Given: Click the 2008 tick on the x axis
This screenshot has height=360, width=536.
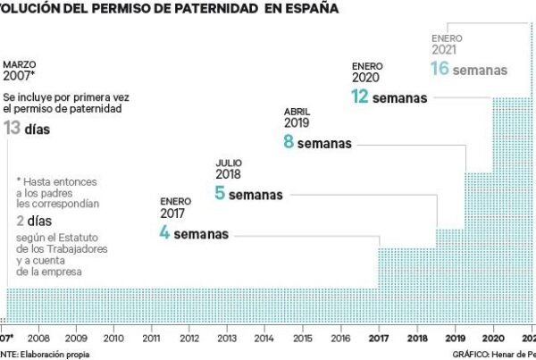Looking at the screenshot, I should click(x=38, y=337).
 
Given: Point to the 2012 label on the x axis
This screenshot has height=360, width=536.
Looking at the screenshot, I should click(x=188, y=337).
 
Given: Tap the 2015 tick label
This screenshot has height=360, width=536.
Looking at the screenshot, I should click(x=302, y=337).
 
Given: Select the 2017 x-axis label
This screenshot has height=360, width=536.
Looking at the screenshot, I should click(x=378, y=337).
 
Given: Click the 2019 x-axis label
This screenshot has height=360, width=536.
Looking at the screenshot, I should click(x=454, y=337).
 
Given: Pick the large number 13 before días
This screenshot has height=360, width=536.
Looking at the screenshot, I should click(x=13, y=129).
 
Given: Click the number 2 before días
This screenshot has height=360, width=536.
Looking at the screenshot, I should click(x=20, y=220).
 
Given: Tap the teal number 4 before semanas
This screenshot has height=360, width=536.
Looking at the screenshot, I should click(x=164, y=235).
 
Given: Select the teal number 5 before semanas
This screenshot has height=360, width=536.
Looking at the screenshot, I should click(x=220, y=194).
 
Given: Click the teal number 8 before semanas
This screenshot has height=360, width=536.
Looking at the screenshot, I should click(x=289, y=143).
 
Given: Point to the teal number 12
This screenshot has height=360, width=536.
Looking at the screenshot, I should click(x=360, y=97).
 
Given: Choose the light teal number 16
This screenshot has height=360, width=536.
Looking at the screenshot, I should click(x=441, y=69).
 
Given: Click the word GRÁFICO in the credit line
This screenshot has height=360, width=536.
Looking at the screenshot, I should click(x=473, y=354).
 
